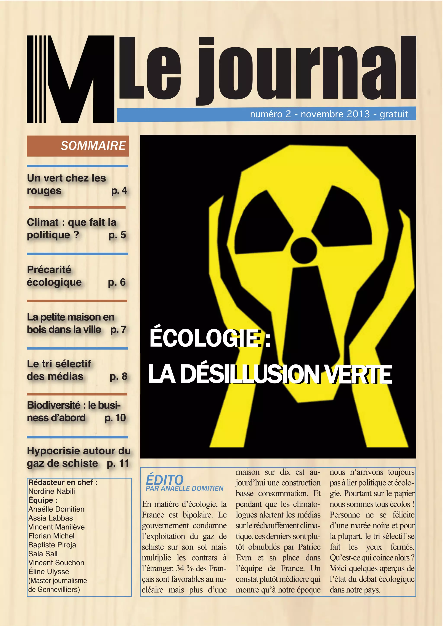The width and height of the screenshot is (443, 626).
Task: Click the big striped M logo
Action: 70,79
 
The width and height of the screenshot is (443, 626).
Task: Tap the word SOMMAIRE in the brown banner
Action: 93,146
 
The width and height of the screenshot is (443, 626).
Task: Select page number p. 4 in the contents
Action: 119,191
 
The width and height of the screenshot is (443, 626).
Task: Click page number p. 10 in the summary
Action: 115,418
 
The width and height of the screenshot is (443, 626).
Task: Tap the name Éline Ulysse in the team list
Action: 48,572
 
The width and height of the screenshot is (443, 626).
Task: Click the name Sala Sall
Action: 43,554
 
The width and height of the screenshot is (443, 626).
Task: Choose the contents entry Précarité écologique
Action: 54,276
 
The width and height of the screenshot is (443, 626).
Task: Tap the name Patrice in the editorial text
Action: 309,547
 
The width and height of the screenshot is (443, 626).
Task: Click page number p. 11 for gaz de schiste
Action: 118,463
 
